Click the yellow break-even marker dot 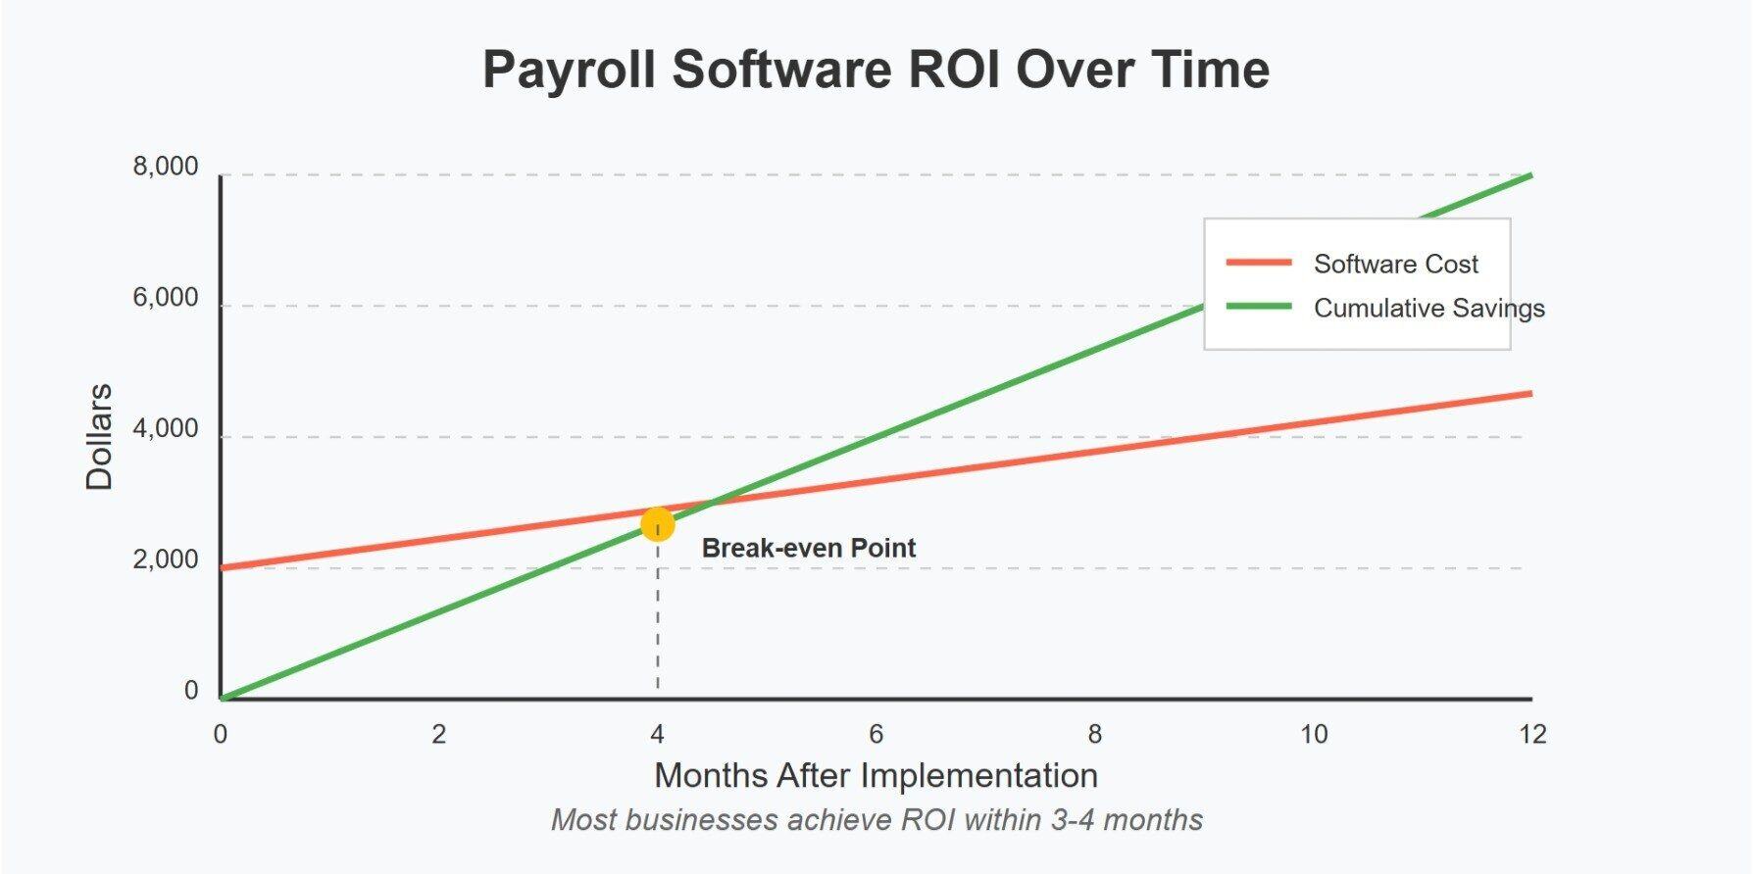(657, 524)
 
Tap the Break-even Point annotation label (808, 548)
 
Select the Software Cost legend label (1395, 264)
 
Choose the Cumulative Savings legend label (1428, 308)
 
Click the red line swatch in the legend (1259, 263)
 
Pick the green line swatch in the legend (1259, 307)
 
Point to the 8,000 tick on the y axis (166, 168)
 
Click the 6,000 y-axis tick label (166, 298)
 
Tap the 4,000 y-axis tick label (166, 429)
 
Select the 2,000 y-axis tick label (166, 560)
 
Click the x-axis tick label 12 (1531, 734)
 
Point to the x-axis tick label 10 (1314, 734)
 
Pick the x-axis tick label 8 (1094, 734)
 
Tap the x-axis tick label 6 (876, 734)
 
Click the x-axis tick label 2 (438, 734)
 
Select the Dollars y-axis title (100, 437)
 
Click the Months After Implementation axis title (876, 775)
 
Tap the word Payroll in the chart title (569, 70)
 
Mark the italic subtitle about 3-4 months (876, 819)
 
